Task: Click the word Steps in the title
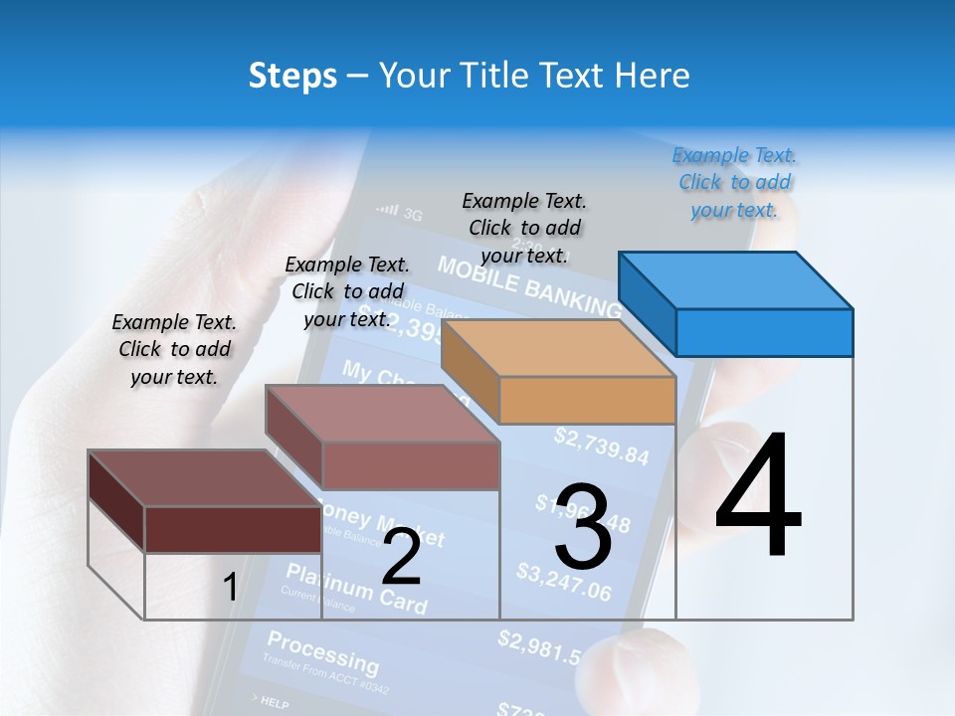click(x=292, y=76)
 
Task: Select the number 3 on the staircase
click(x=583, y=527)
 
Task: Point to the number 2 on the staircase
click(x=401, y=558)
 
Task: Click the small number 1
click(x=230, y=588)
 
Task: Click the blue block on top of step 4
click(x=736, y=302)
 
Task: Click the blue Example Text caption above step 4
click(x=734, y=183)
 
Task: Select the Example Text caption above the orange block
click(x=524, y=228)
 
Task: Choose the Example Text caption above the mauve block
click(x=347, y=291)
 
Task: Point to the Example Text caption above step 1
click(x=174, y=349)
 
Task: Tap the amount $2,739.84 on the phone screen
click(x=601, y=447)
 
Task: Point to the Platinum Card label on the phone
click(x=356, y=588)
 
